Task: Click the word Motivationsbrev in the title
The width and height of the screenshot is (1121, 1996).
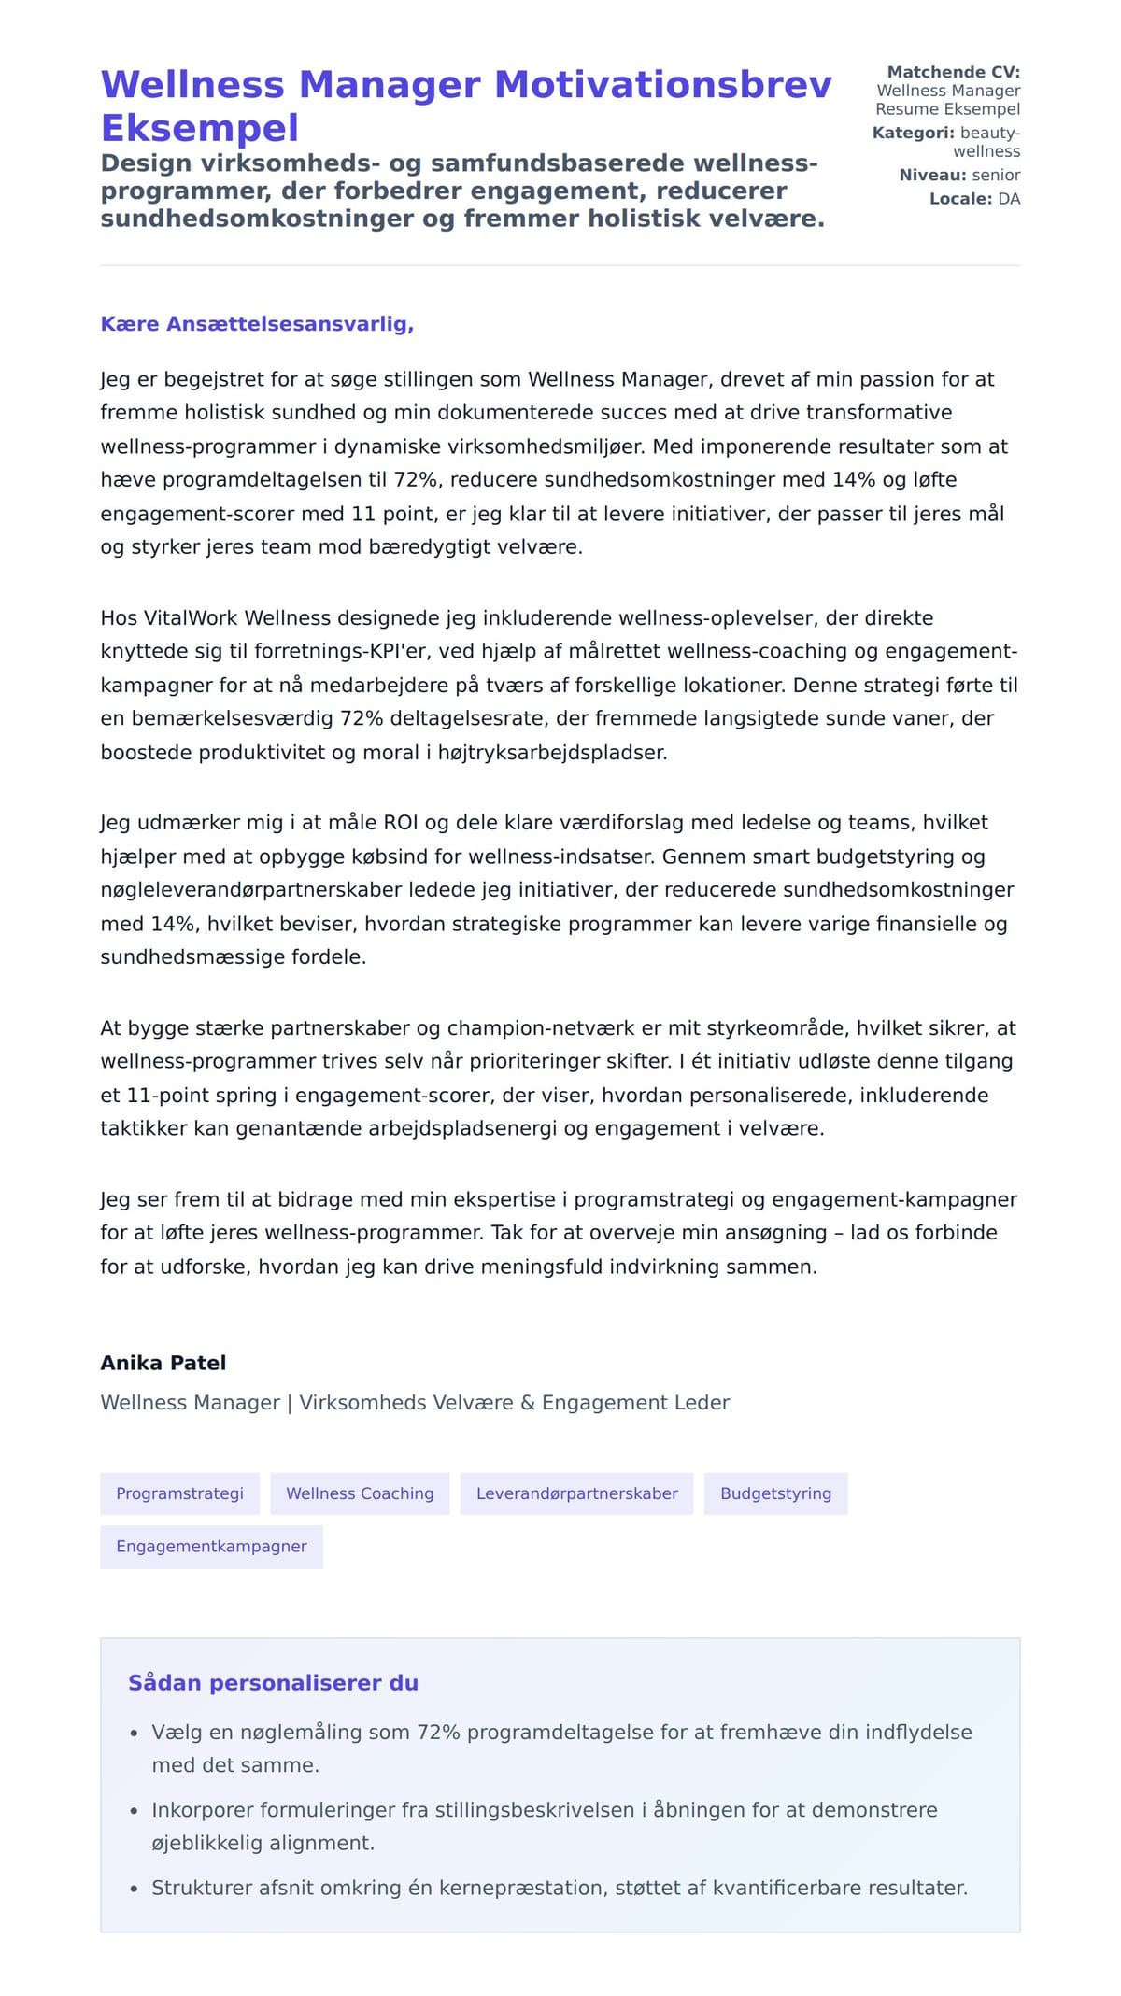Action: point(662,85)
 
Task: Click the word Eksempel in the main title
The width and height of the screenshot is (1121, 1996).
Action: point(199,128)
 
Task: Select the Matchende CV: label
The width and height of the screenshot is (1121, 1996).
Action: point(953,72)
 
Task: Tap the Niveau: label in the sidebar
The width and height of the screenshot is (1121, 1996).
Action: point(931,175)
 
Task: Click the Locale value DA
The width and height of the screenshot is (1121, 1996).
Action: point(1009,199)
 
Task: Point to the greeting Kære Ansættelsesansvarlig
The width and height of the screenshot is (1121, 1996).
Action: point(257,324)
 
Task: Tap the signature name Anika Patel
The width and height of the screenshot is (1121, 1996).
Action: point(163,1363)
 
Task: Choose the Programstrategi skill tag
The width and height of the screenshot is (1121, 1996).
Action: point(179,1493)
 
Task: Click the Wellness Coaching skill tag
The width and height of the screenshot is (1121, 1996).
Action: point(360,1493)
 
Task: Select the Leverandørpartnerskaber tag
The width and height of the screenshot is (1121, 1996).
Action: point(576,1493)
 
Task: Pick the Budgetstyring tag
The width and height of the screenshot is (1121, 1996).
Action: point(775,1493)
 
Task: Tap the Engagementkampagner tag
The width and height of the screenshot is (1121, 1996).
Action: point(211,1547)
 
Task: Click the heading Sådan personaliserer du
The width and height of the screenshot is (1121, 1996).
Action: point(273,1683)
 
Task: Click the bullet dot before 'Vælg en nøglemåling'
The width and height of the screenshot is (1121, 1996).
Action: point(134,1734)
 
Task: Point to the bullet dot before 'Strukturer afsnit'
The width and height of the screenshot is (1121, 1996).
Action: point(134,1889)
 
